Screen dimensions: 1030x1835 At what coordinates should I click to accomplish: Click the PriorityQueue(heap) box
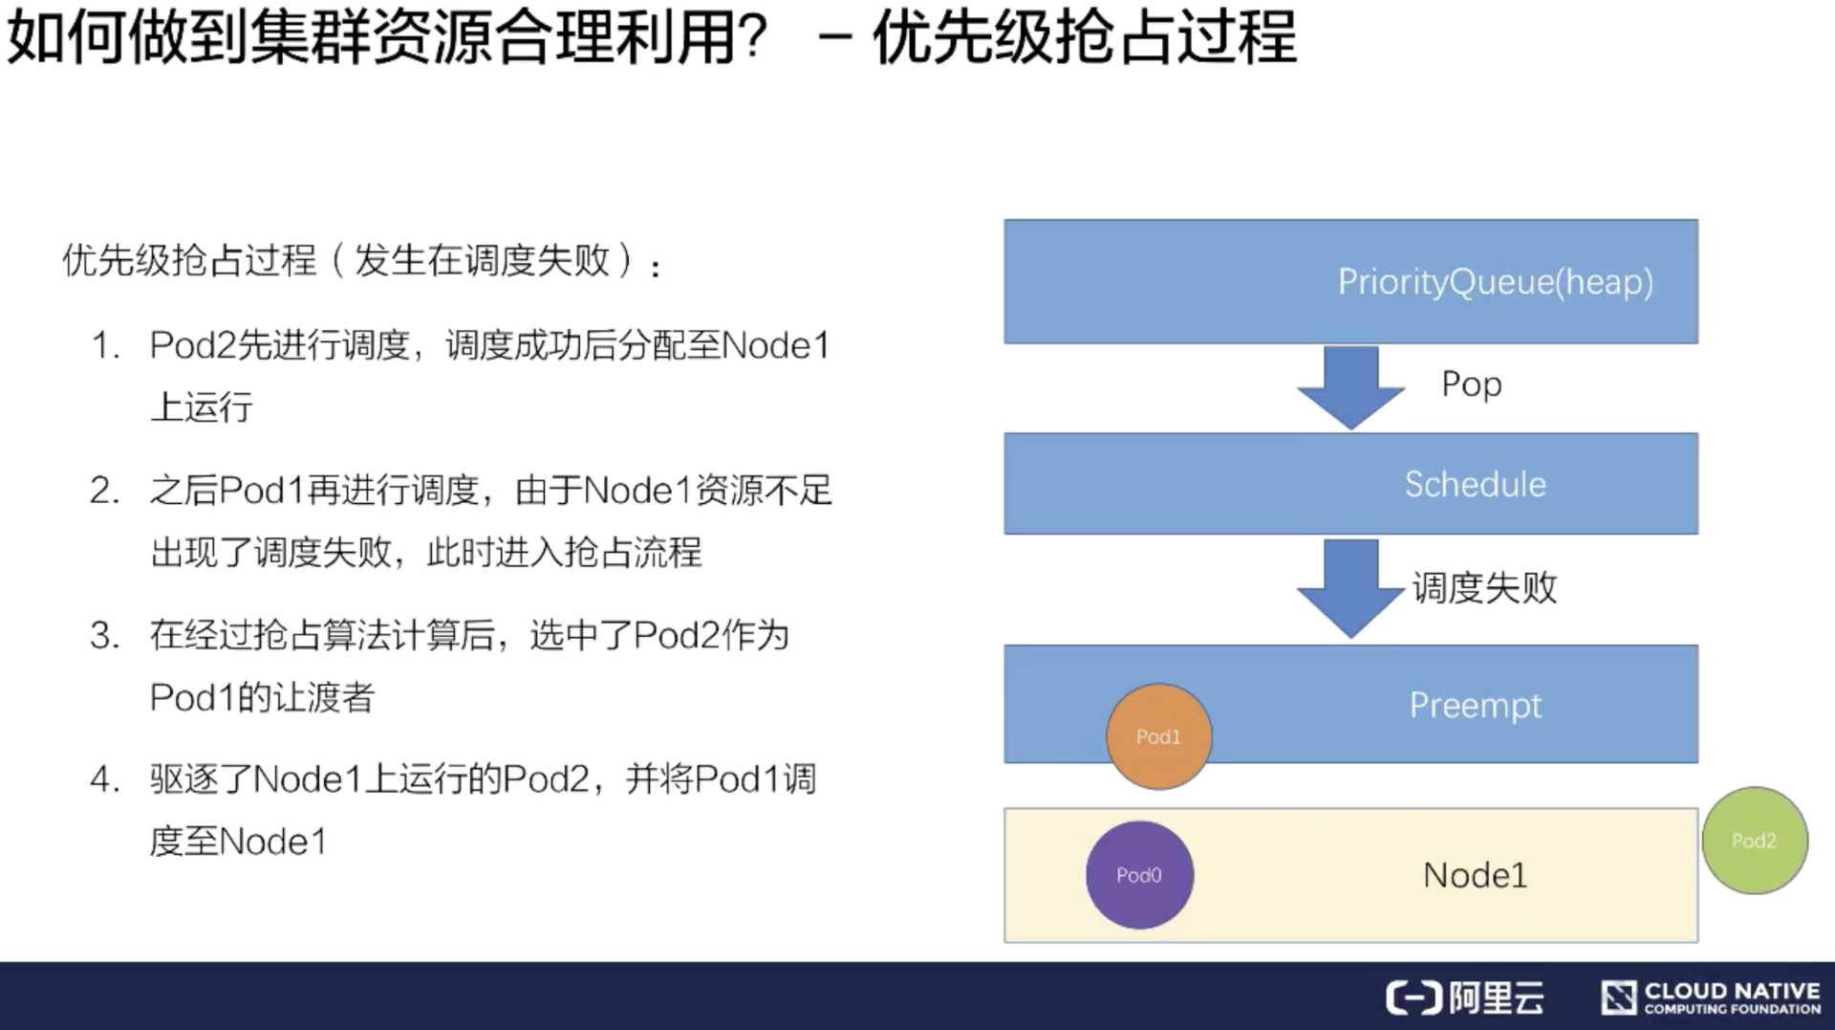[x=1350, y=281]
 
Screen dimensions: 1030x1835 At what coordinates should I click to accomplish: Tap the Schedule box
[x=1350, y=484]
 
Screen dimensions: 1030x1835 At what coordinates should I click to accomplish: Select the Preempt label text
[x=1475, y=706]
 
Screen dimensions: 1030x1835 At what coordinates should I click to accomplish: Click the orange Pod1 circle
[x=1158, y=736]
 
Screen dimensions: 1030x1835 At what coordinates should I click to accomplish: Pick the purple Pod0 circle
[x=1138, y=875]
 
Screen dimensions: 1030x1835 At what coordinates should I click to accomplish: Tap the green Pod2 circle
[x=1754, y=841]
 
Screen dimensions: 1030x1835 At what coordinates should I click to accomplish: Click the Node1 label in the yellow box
[x=1475, y=875]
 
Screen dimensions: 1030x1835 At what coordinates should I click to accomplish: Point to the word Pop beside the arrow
[x=1471, y=384]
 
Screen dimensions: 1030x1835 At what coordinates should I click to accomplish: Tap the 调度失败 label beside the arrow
[x=1484, y=587]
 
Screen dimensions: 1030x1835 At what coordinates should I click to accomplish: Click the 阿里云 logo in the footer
[x=1465, y=997]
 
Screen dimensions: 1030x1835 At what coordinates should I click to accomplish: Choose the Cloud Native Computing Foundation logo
[x=1711, y=997]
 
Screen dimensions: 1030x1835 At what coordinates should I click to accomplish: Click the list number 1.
[x=104, y=346]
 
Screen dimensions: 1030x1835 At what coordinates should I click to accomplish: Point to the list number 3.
[x=104, y=636]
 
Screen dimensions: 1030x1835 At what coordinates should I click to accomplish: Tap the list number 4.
[x=104, y=780]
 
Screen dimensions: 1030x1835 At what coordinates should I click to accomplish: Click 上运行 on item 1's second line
[x=202, y=407]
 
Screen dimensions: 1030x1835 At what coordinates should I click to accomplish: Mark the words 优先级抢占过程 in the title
[x=1085, y=38]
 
